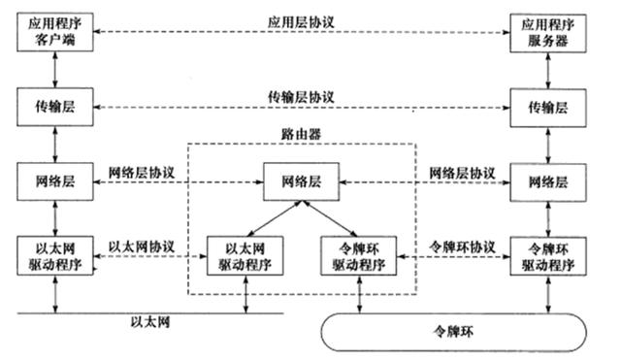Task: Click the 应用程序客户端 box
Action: (54, 34)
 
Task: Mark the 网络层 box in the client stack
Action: (54, 180)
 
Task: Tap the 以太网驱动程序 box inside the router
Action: (242, 253)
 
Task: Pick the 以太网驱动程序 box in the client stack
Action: (54, 253)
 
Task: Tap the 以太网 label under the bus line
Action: (150, 323)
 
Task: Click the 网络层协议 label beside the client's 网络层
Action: (142, 172)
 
